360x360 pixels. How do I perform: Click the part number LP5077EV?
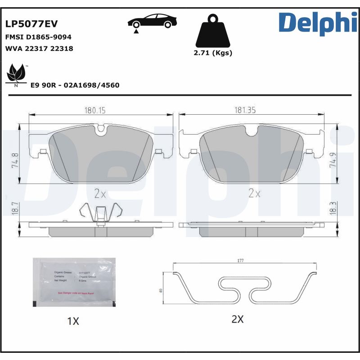click(x=31, y=24)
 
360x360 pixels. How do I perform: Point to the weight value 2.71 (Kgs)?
click(x=212, y=53)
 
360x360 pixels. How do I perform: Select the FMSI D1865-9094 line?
click(x=38, y=37)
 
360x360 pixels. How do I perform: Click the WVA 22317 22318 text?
click(x=39, y=48)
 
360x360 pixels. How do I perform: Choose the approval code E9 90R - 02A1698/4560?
click(x=75, y=85)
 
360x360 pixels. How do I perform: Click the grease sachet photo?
click(x=74, y=283)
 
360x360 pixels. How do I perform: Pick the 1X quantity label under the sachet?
click(x=72, y=321)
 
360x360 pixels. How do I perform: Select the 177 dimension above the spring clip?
click(x=240, y=260)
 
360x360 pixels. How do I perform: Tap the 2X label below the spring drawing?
click(x=237, y=319)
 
